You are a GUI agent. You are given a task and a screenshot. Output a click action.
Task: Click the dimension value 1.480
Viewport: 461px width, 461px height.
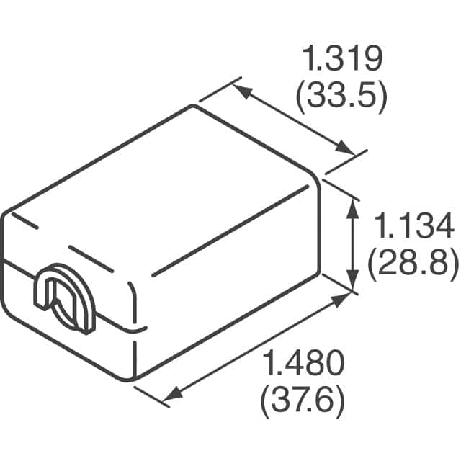tap(302, 364)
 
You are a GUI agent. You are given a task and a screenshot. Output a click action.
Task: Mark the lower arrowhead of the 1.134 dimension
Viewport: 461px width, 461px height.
tap(352, 282)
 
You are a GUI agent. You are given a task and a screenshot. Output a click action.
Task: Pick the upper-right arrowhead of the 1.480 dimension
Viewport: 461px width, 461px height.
tap(341, 300)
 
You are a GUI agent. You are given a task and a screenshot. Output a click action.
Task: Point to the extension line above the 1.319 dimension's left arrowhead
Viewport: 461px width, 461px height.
tap(218, 89)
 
